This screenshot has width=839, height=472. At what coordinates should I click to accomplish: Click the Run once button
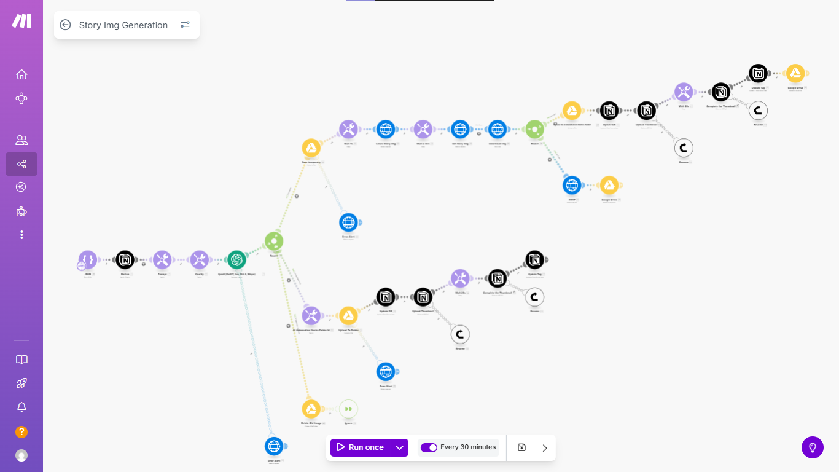coord(361,447)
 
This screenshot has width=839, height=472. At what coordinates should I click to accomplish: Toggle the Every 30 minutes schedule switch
coord(429,447)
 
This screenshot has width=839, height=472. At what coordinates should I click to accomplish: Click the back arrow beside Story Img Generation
coord(66,25)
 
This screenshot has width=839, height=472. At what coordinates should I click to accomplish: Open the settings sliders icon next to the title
coord(185,25)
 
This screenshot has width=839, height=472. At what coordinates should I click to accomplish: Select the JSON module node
coord(88,260)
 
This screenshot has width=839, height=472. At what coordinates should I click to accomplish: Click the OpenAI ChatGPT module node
coord(236,260)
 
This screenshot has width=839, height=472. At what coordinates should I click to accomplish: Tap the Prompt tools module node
coord(162,260)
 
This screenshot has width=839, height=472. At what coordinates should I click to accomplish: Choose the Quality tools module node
coord(199,260)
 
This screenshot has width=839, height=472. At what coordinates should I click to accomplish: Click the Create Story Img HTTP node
coord(385,130)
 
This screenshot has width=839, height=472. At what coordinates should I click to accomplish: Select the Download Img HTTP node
coord(498,130)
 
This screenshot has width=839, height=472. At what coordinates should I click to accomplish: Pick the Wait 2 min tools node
coord(423,130)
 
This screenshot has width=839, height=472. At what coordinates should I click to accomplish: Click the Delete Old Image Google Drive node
coord(311,409)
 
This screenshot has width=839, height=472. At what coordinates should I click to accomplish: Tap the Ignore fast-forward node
coord(348,409)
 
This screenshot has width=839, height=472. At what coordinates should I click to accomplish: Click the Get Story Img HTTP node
coord(460,130)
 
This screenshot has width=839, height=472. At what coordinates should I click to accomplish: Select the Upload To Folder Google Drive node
coord(348,316)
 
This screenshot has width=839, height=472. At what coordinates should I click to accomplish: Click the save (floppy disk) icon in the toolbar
coord(521,447)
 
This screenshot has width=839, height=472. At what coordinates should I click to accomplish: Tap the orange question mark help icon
coord(21,432)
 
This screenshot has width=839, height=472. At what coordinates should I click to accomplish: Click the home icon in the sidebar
coord(21,74)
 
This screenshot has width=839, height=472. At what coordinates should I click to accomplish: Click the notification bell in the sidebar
coord(21,407)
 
